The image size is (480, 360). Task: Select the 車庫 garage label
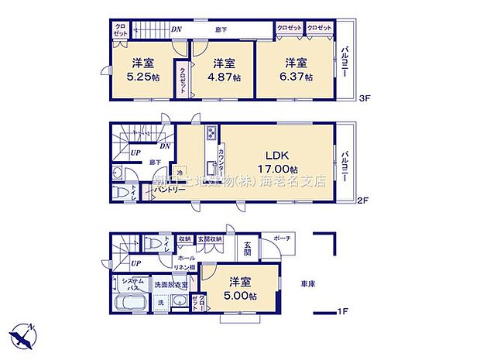pos(308,283)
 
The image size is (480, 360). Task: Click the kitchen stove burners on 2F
pos(210,135)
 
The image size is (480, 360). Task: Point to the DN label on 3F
pos(177,30)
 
